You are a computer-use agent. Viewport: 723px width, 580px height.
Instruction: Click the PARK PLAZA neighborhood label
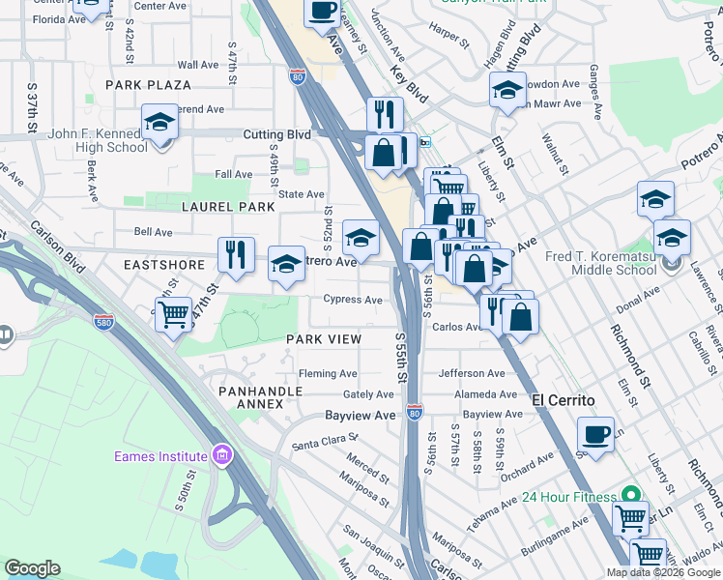coord(149,85)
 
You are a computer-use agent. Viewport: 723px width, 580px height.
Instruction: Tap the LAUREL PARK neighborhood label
coord(229,207)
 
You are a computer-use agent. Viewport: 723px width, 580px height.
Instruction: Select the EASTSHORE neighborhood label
coord(164,264)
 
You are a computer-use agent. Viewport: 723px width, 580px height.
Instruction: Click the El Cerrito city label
coord(562,398)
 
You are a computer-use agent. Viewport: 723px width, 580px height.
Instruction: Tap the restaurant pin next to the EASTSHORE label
coord(236,255)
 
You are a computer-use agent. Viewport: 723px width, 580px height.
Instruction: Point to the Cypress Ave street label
coord(353,300)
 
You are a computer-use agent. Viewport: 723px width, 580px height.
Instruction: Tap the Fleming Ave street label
coord(328,374)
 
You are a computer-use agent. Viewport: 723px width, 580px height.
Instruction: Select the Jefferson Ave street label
coord(472,373)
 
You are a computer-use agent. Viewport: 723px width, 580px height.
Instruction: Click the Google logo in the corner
coord(32,568)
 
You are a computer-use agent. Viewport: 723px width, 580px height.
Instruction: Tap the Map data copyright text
coord(663,572)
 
